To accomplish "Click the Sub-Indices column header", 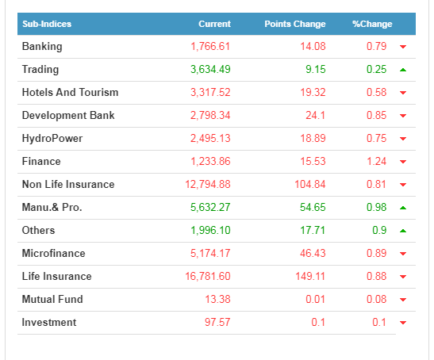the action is coord(47,24).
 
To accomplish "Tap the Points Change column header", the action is coord(295,24).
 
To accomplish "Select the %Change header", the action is coord(372,24).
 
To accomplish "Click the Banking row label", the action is coord(42,47).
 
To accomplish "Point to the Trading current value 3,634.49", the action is coord(210,69).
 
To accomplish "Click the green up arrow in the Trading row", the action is coord(403,70).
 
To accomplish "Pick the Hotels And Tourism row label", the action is coord(71,92).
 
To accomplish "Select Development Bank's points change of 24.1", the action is coord(316,115).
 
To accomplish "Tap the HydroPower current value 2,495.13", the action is coord(210,138).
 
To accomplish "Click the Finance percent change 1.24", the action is coord(376,161).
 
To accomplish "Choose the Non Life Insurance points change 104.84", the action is coord(310,184).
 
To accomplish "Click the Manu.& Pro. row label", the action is coord(52,207).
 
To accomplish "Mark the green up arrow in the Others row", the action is coord(403,231).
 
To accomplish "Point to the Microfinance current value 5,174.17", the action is coord(210,253).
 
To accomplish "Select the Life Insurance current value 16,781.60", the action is coord(208,276).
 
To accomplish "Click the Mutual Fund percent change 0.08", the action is coord(376,299).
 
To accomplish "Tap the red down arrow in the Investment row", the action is coord(403,323).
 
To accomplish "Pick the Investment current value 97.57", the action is coord(217,322).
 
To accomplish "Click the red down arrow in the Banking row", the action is coord(403,47).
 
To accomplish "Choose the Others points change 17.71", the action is coord(313,230).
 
